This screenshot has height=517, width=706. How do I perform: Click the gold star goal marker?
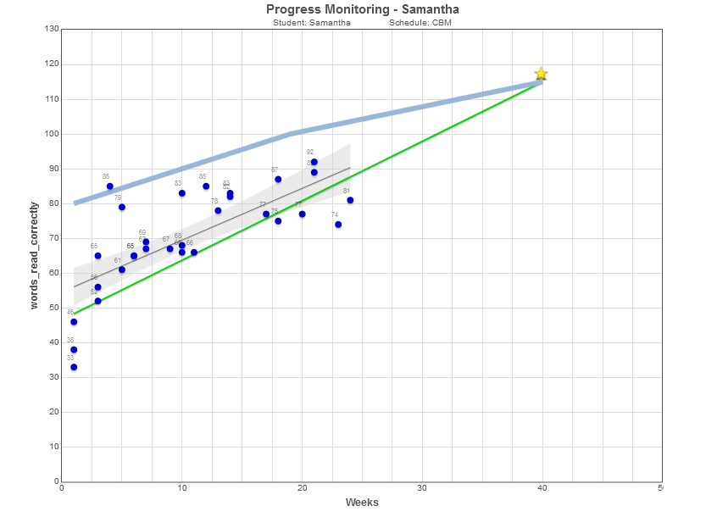click(x=541, y=75)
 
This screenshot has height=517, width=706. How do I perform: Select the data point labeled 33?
click(x=74, y=367)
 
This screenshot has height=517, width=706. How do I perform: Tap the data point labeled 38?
click(x=74, y=349)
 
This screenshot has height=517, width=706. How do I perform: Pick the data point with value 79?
click(x=122, y=207)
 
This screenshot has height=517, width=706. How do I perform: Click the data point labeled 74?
click(x=338, y=225)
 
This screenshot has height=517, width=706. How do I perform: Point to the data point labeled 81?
click(x=350, y=200)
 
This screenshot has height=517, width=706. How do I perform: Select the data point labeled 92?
click(x=314, y=162)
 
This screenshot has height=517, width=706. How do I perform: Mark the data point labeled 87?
click(x=278, y=180)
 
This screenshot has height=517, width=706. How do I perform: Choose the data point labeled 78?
click(x=218, y=210)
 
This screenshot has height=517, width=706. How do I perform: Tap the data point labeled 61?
click(x=122, y=270)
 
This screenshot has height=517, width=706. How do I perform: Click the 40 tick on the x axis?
click(x=542, y=489)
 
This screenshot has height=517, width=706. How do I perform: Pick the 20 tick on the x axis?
click(x=302, y=489)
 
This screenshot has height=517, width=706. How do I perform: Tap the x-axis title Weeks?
click(x=362, y=503)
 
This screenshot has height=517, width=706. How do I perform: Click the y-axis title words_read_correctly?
click(x=35, y=255)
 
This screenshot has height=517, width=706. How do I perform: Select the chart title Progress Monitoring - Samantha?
click(x=362, y=9)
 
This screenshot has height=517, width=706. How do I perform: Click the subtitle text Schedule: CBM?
click(x=420, y=23)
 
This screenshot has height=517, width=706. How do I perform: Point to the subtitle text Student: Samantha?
click(x=312, y=23)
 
